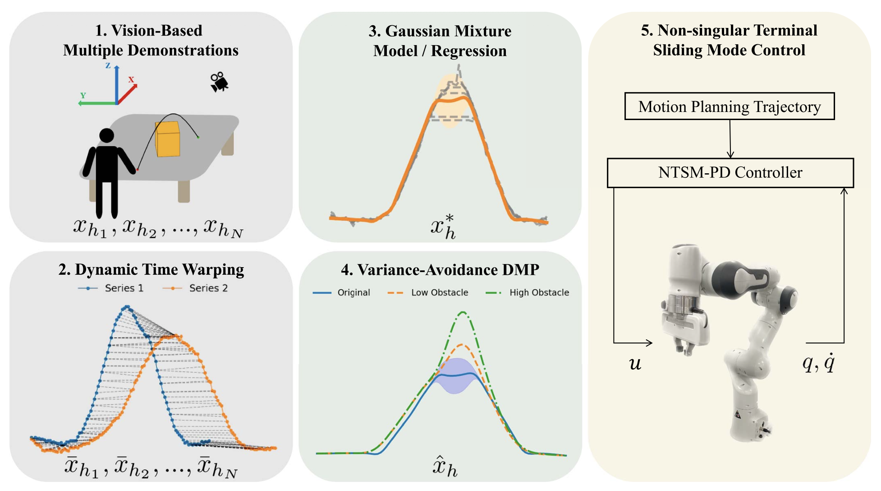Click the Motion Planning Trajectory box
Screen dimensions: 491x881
(729, 107)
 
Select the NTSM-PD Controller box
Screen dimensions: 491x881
(730, 172)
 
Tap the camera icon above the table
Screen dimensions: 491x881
(219, 82)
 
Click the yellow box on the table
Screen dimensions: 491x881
(168, 139)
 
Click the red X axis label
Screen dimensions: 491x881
(131, 79)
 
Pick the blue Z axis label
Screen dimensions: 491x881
(108, 65)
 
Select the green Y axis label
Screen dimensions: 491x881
(83, 95)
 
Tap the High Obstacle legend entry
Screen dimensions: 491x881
(528, 292)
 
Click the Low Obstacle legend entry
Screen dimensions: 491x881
(428, 292)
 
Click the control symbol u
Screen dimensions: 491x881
(635, 363)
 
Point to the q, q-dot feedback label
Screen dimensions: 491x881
(818, 362)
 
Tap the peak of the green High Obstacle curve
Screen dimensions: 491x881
(463, 312)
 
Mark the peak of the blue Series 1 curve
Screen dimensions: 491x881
(127, 307)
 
